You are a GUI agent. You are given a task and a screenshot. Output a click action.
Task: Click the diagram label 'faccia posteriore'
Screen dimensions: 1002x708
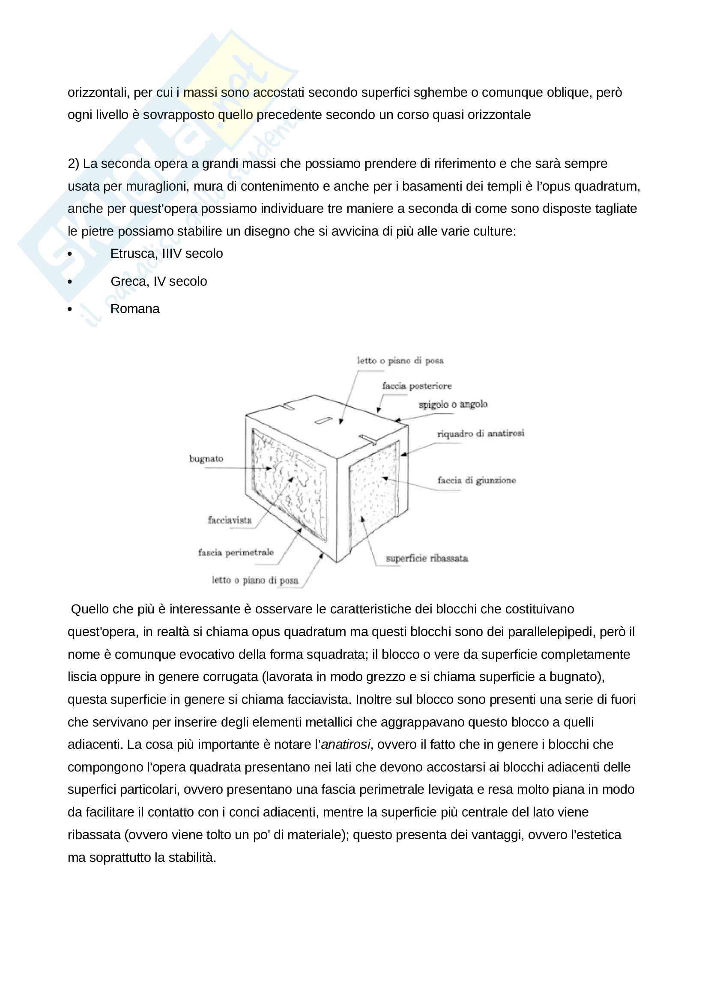[x=417, y=386]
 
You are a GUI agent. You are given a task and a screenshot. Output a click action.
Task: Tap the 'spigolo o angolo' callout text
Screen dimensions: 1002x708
[x=453, y=404]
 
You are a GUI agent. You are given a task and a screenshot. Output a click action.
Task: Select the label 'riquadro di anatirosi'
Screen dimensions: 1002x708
[x=480, y=434]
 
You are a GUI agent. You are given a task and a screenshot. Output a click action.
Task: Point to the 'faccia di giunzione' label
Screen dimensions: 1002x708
[x=476, y=481]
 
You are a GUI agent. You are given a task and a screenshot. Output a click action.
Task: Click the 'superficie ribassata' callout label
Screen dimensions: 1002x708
[x=426, y=558]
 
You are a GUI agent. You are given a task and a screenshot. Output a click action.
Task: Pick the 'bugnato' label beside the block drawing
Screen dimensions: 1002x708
[x=206, y=459]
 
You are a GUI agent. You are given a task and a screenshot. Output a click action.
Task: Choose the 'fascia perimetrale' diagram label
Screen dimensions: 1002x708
[x=236, y=553]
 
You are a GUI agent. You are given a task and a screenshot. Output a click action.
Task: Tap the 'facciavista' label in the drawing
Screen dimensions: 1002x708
[x=230, y=520]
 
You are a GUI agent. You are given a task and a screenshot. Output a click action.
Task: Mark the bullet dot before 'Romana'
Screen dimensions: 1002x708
[x=70, y=309]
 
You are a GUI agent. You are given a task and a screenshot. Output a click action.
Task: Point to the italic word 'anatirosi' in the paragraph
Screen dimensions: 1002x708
[x=346, y=745]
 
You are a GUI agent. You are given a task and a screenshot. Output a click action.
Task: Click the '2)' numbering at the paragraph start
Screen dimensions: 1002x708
[x=73, y=164]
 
